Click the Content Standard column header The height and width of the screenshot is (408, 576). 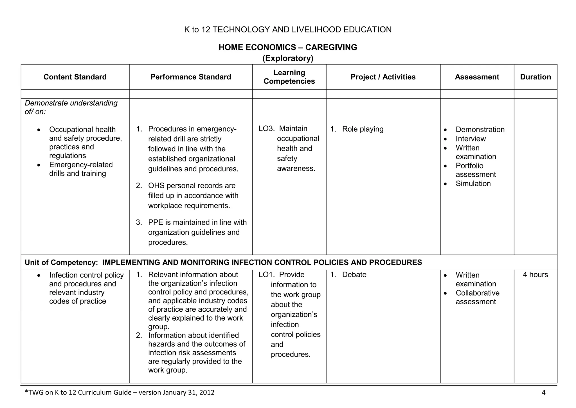tap(75, 77)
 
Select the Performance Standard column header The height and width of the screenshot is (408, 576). tap(191, 77)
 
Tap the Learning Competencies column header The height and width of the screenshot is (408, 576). tap(289, 77)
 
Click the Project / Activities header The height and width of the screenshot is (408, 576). tap(383, 77)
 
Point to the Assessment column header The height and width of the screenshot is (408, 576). tap(477, 77)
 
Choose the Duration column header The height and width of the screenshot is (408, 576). tap(535, 77)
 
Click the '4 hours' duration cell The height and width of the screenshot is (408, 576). tap(535, 275)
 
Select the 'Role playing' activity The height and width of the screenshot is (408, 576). tap(363, 129)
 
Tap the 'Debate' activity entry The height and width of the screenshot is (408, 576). tap(354, 275)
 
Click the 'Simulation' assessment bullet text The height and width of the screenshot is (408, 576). tap(473, 184)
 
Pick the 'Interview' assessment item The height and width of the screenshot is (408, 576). tap(471, 139)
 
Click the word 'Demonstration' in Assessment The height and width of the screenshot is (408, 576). tap(480, 130)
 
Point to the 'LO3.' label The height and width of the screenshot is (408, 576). tap(266, 129)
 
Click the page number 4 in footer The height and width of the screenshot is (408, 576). tap(543, 393)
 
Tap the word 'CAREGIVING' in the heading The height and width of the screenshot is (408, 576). tap(331, 47)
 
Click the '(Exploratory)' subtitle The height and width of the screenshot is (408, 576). tap(288, 58)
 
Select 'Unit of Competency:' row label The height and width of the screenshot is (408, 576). tap(61, 263)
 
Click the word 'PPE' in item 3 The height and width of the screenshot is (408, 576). tap(156, 223)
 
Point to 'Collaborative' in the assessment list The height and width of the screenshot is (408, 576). tap(477, 293)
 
